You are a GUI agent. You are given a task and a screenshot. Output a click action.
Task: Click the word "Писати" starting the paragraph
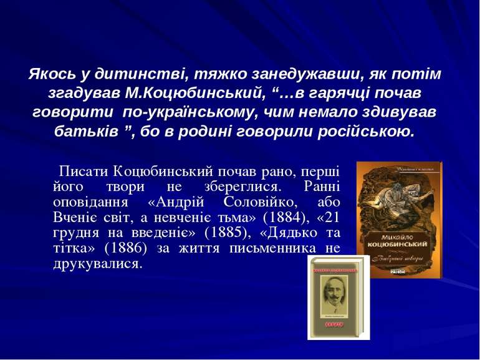pyautogui.click(x=83, y=171)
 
